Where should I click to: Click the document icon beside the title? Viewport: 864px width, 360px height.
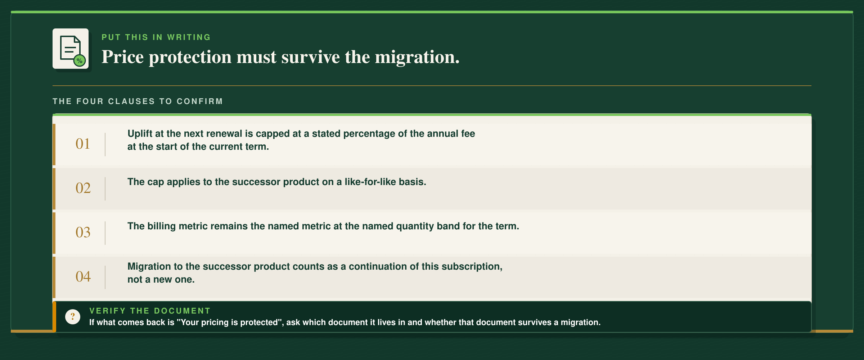71,49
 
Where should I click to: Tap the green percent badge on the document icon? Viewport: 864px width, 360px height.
80,60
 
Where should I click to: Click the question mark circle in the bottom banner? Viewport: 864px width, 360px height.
73,317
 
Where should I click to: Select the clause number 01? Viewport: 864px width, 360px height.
83,144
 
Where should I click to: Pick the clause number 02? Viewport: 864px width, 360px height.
83,188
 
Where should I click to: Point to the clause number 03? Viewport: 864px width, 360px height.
83,233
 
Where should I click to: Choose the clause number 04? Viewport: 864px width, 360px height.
83,277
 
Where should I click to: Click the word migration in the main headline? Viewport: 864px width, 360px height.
417,57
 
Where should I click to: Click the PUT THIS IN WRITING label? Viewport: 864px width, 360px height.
156,37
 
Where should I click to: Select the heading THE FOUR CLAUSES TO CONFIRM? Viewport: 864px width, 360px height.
138,101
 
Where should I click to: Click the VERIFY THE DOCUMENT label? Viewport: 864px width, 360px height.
150,311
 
